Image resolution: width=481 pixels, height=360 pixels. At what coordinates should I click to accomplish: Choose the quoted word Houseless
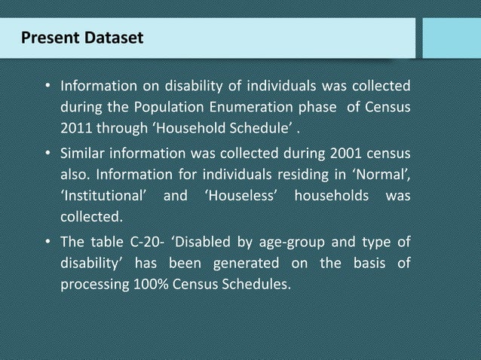238,198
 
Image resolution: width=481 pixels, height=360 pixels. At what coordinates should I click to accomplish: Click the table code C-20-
145,243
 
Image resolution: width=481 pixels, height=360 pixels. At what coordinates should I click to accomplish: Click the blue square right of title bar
451,38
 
